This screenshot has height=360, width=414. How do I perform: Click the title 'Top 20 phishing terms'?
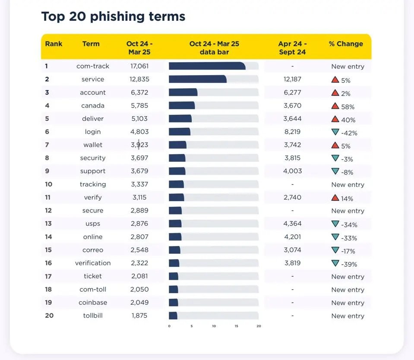(x=113, y=17)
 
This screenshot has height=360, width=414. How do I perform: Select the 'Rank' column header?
(x=54, y=44)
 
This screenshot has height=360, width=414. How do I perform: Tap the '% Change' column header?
(x=346, y=44)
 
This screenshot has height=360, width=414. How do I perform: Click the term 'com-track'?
(x=93, y=66)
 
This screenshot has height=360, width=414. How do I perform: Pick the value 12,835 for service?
(x=139, y=79)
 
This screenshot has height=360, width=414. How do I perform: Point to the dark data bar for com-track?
(x=207, y=66)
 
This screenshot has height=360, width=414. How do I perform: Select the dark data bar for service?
(x=197, y=79)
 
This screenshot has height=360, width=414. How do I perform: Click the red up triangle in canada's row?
(x=335, y=106)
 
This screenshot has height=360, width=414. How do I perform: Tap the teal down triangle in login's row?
(x=335, y=132)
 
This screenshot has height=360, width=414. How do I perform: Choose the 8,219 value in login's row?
(x=292, y=132)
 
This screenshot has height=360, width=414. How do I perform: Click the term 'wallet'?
(x=93, y=145)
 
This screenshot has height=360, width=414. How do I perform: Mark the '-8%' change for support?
(x=347, y=172)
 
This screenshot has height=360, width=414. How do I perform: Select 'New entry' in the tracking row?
(x=348, y=185)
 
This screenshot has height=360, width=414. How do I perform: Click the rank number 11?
(x=48, y=197)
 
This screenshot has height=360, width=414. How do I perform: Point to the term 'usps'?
(x=93, y=224)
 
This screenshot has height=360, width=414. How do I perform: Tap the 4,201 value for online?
(x=292, y=237)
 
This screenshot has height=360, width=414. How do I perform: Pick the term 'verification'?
(x=93, y=263)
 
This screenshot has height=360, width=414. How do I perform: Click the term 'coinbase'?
(x=93, y=302)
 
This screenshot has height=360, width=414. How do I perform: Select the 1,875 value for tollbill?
(x=139, y=316)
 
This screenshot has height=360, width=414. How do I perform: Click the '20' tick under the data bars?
(x=259, y=326)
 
